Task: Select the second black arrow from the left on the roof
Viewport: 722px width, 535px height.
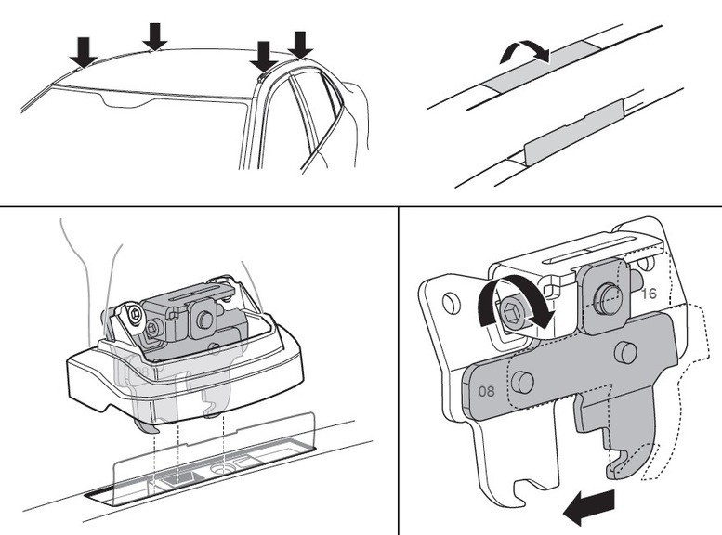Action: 155,35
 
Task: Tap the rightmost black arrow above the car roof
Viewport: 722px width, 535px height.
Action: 300,44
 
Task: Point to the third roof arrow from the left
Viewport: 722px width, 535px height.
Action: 264,55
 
